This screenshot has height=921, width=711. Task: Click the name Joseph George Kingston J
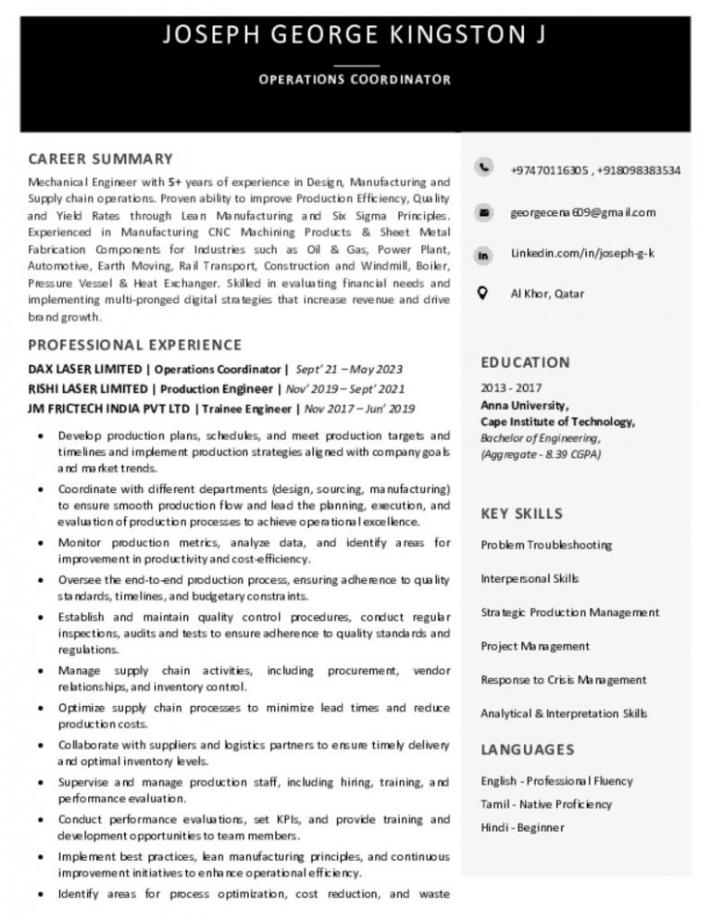[355, 37]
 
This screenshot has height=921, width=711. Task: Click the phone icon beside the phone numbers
[483, 168]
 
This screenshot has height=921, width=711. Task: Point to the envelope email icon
[483, 212]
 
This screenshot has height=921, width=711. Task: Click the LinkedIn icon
[483, 254]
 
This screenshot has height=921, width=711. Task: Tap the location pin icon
[483, 294]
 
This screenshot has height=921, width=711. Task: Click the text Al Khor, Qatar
[548, 294]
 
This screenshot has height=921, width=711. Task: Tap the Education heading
[525, 362]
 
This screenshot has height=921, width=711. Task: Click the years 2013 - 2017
[511, 388]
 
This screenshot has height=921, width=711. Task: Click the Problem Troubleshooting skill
[545, 545]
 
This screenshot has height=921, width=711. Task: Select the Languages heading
[527, 749]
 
